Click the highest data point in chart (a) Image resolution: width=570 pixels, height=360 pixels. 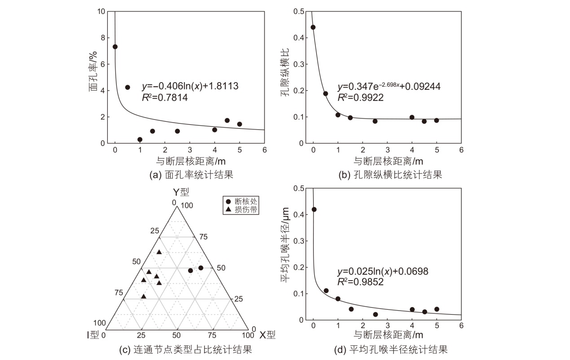pos(115,47)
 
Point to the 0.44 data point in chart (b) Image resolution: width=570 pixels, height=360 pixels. pos(313,27)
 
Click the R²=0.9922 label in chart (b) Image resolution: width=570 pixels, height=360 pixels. pos(360,97)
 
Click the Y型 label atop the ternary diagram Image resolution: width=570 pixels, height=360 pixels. pos(181,193)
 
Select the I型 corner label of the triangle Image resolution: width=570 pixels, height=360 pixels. pos(94,334)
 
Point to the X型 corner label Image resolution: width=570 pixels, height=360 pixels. pos(267,334)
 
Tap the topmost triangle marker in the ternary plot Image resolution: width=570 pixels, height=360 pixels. pos(159,252)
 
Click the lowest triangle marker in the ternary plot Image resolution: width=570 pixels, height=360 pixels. pos(143,296)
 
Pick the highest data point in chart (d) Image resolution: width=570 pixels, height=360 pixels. pos(314,210)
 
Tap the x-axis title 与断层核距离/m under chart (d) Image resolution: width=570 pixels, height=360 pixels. pos(388,335)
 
